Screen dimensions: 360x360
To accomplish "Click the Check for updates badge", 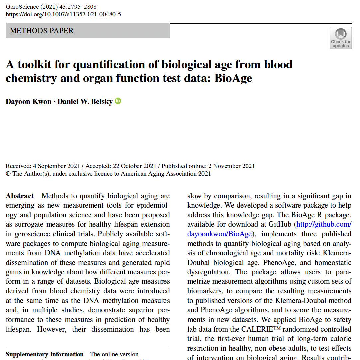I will click(x=340, y=38).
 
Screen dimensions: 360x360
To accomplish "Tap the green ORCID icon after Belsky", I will click(x=118, y=101).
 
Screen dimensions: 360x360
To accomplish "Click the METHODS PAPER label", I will click(x=42, y=31).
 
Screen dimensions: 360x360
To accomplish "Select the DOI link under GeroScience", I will click(x=64, y=14).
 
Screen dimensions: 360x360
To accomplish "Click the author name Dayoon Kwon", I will click(x=28, y=102).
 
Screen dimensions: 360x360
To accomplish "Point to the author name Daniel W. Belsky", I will click(x=85, y=102).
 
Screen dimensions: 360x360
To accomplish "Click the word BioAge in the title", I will click(x=233, y=78).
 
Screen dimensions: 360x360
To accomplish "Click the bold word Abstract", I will click(x=20, y=196).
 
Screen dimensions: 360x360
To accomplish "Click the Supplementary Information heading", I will click(x=44, y=354).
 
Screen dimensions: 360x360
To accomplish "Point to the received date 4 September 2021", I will click(x=56, y=166).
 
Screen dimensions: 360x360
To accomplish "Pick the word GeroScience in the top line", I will click(x=21, y=7).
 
